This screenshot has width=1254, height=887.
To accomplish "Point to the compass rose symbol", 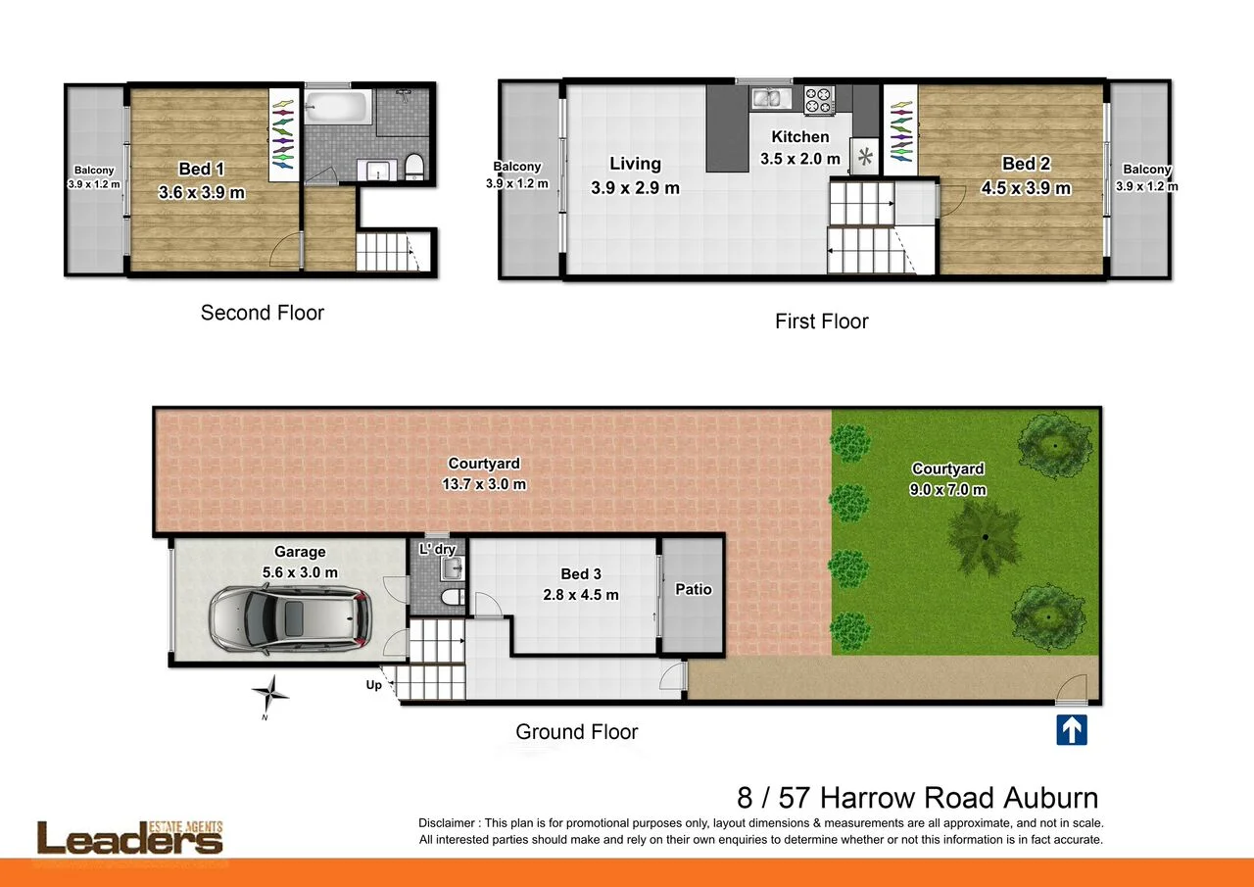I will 269,693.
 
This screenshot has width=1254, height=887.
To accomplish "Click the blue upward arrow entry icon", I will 1072,730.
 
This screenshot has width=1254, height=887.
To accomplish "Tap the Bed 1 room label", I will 201,170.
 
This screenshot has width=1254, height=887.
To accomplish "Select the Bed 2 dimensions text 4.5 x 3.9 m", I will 1026,188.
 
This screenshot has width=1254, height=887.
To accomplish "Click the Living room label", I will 635,164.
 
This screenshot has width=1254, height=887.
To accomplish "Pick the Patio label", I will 693,589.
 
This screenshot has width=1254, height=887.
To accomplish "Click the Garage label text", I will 300,552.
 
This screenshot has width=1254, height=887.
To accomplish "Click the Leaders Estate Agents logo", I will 130,838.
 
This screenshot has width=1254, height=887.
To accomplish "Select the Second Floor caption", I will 262,313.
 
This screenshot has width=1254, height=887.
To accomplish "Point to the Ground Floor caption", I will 576,731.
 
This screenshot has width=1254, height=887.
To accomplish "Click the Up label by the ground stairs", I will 374,685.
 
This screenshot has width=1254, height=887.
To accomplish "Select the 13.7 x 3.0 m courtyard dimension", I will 484,484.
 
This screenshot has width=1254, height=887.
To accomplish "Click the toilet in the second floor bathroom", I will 414,167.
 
